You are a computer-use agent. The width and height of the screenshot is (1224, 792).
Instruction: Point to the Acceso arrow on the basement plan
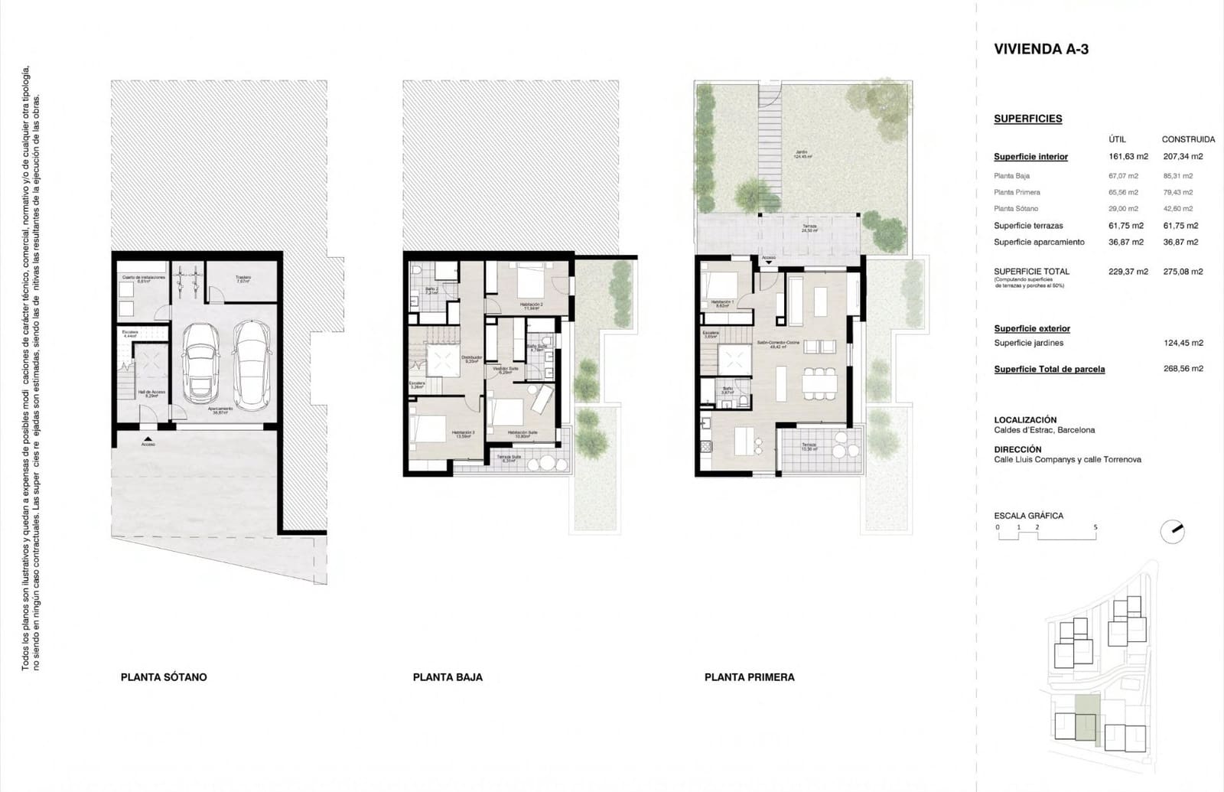(148, 438)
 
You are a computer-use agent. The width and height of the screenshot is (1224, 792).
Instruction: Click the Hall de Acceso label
(151, 394)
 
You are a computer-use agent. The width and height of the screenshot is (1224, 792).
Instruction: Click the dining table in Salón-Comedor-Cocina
(819, 381)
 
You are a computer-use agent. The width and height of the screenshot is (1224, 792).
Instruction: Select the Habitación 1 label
(721, 303)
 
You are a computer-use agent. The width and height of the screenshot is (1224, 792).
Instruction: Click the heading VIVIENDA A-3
(1040, 49)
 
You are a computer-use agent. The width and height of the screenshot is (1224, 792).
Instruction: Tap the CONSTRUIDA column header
(1187, 139)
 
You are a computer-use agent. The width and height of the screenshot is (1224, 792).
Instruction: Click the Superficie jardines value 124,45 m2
(1183, 343)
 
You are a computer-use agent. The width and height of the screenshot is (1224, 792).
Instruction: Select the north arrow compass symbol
(1172, 531)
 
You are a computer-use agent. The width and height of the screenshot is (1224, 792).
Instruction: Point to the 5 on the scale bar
(1095, 527)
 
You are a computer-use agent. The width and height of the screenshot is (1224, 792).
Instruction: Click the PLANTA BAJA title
(448, 677)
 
